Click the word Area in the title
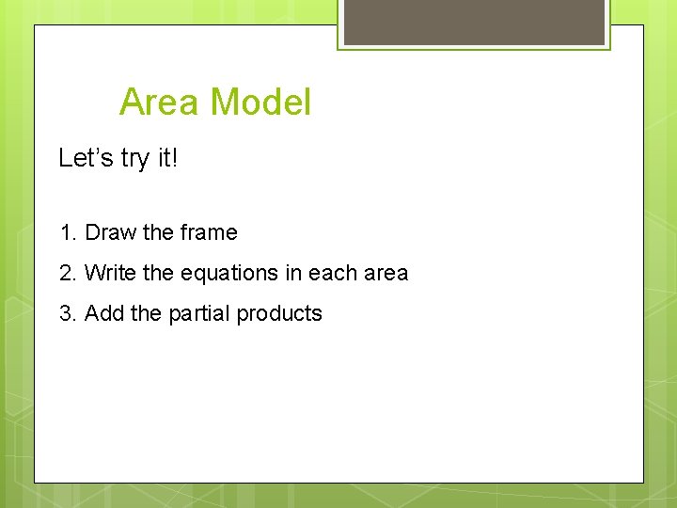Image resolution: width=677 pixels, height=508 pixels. pyautogui.click(x=159, y=102)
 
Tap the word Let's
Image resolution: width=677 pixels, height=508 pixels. pyautogui.click(x=87, y=158)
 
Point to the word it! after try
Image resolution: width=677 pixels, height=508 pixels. pyautogui.click(x=167, y=158)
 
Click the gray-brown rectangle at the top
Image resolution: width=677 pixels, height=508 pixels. pyautogui.click(x=474, y=21)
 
